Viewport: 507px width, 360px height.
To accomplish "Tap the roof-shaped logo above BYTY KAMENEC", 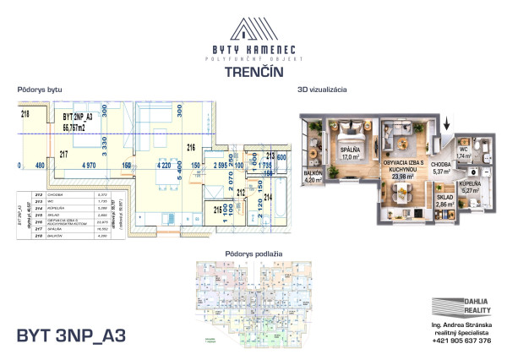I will pyautogui.click(x=253, y=30).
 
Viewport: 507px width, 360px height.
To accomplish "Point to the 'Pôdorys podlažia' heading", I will pyautogui.click(x=253, y=254).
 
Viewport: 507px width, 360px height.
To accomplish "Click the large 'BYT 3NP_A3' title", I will pyautogui.click(x=71, y=335).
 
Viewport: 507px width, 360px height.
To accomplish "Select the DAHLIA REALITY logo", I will pyautogui.click(x=461, y=307).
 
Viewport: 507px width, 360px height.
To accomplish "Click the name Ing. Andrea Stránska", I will pyautogui.click(x=461, y=324).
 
